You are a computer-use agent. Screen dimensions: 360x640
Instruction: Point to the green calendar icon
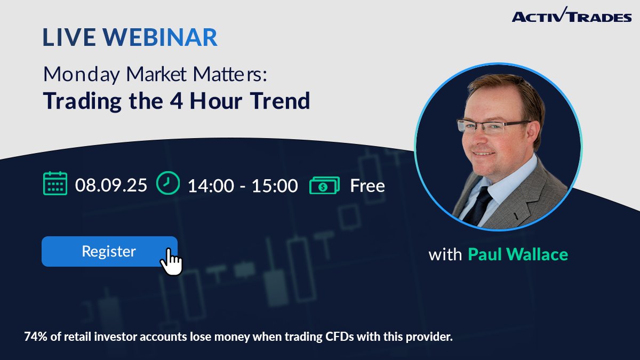tap(55, 184)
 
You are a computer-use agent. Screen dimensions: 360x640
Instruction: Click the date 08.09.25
tap(111, 185)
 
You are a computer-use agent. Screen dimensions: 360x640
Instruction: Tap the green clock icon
tap(168, 183)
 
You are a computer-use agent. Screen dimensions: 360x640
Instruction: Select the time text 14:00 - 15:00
tap(242, 186)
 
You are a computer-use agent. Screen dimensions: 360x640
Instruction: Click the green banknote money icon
tap(324, 185)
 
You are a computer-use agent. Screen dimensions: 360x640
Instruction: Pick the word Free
tap(367, 186)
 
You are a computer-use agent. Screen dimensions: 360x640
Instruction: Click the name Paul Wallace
tap(517, 254)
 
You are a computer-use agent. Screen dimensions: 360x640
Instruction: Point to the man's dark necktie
tap(477, 205)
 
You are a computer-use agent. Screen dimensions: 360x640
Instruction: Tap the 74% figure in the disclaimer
tap(35, 337)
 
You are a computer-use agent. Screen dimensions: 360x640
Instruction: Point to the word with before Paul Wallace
tap(445, 254)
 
